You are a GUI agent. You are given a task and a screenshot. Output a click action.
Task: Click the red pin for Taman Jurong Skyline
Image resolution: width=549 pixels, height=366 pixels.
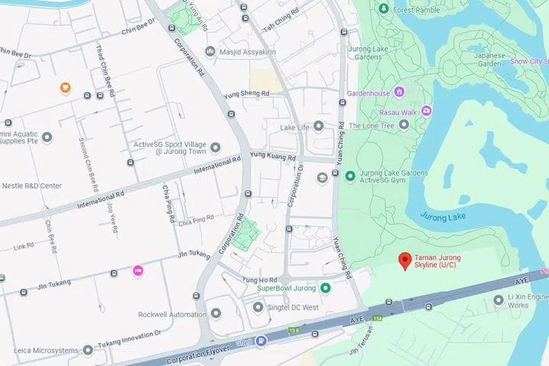405,262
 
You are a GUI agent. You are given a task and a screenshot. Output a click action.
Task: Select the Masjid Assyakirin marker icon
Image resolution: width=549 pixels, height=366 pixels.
210,51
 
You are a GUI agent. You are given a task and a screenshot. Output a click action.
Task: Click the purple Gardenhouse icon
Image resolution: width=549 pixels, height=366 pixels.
399,93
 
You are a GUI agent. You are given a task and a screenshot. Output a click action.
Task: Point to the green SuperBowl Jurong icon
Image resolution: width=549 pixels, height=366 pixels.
326,287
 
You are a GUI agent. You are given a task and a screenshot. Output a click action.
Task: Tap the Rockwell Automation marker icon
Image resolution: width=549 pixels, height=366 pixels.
216,314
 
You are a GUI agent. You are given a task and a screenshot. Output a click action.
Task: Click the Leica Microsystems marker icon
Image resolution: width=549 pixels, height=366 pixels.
88,350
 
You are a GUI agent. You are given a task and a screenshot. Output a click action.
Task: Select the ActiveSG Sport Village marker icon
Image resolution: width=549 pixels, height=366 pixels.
216,147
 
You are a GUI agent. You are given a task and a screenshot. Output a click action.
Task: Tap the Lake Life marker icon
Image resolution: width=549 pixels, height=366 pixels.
319,127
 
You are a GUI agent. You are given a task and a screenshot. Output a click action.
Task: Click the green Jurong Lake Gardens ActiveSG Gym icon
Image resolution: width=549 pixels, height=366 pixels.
350,177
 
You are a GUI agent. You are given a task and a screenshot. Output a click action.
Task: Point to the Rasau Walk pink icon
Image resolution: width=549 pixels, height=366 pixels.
425,111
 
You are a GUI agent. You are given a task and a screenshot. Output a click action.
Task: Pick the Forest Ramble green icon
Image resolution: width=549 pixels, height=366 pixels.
383,9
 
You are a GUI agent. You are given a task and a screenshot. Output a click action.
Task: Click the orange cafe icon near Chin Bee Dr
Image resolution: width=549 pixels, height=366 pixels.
66,88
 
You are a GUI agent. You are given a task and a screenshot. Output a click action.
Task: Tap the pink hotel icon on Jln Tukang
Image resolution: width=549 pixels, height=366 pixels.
138,270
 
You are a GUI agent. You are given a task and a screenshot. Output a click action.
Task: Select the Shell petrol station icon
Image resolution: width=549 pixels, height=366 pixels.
262,341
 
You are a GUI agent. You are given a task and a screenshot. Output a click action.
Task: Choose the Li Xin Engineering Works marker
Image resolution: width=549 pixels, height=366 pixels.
499,300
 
